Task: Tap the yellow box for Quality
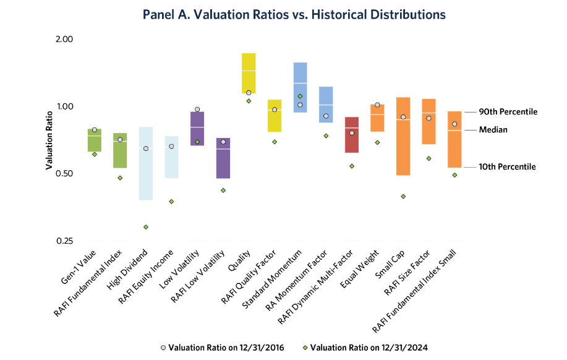(x=249, y=73)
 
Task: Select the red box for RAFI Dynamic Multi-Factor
(x=352, y=135)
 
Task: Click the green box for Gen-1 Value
(x=94, y=140)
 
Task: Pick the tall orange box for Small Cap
(x=403, y=136)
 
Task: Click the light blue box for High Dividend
(x=145, y=163)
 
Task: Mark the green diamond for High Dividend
(x=146, y=227)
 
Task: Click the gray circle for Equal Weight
(x=377, y=105)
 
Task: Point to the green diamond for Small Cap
(x=403, y=197)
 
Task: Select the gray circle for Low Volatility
(x=197, y=109)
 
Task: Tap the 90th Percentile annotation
(x=508, y=112)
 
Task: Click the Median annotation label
(x=493, y=130)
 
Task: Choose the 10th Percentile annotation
(x=508, y=167)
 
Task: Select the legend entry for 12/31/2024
(x=369, y=347)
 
